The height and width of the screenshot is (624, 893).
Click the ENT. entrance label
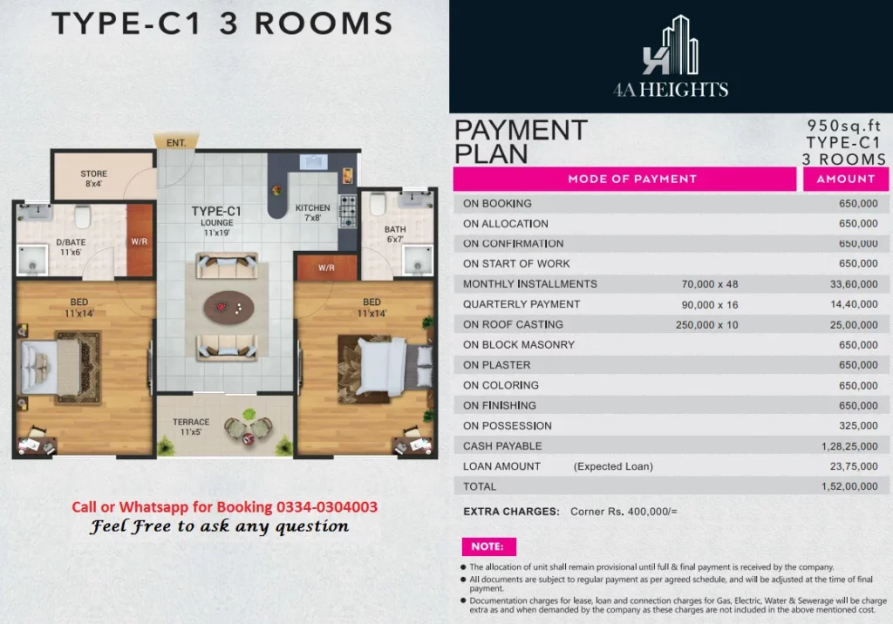point(176,143)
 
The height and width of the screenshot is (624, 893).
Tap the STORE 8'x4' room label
point(93,179)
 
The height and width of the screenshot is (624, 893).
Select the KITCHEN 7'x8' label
point(313,213)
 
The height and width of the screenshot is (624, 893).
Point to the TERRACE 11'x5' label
point(191,427)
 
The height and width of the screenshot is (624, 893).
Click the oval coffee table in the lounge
point(229,308)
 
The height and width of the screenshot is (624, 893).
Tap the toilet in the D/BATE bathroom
point(83,216)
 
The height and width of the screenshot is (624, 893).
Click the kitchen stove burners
point(348,211)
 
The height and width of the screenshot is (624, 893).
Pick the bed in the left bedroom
point(51,367)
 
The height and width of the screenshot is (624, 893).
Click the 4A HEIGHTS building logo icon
point(671,45)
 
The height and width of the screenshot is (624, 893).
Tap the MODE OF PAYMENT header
point(632,179)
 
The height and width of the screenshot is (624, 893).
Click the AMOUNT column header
point(846,179)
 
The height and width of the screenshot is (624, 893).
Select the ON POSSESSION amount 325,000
point(858,426)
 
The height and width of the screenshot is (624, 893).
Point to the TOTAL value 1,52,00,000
point(849,486)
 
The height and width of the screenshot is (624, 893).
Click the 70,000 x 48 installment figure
point(710,284)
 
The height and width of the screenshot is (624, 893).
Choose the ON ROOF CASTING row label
point(513,324)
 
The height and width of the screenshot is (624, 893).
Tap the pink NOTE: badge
point(488,546)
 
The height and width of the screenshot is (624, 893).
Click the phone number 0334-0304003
point(327,506)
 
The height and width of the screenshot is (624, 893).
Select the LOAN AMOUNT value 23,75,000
point(853,466)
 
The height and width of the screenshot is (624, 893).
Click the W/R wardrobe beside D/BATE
point(140,241)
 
